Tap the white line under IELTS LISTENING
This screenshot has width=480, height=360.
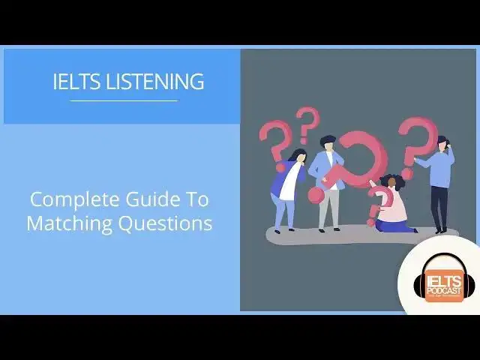click(x=124, y=100)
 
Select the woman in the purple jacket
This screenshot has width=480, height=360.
click(x=288, y=187)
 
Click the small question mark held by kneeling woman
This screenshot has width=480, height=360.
click(x=377, y=201)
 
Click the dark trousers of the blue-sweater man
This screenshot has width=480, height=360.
click(x=439, y=210)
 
